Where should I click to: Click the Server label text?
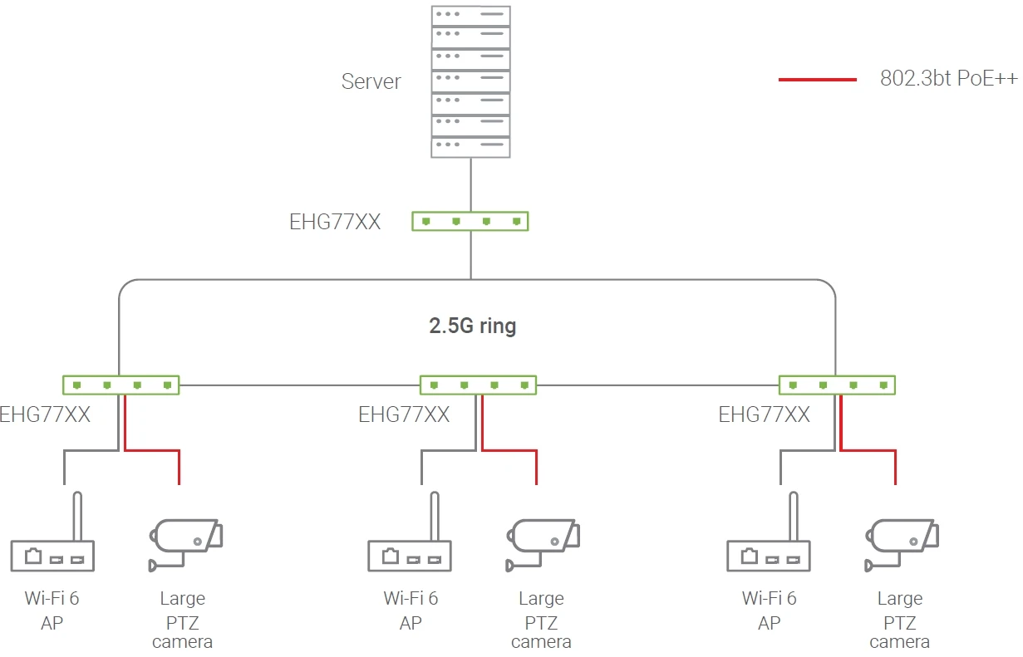coord(371,81)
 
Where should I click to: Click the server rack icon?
coord(470,81)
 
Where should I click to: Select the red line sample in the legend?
coord(817,80)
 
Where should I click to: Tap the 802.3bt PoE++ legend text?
coord(949,80)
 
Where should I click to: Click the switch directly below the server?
coord(470,221)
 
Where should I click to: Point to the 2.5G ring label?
coord(472,326)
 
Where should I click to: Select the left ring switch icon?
coord(121,385)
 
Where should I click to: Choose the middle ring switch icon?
coord(478,385)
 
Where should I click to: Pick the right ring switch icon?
coord(837,385)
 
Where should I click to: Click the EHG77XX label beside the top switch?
coord(335,222)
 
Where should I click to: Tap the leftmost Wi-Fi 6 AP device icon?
coord(52,555)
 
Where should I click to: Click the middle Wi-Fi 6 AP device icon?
coord(410,555)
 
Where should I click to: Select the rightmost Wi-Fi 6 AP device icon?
coord(769,555)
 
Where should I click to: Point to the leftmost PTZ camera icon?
coord(185,542)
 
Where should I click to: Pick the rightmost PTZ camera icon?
coord(902,542)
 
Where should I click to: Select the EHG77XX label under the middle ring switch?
coord(404,414)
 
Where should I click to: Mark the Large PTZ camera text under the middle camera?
coord(541,620)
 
